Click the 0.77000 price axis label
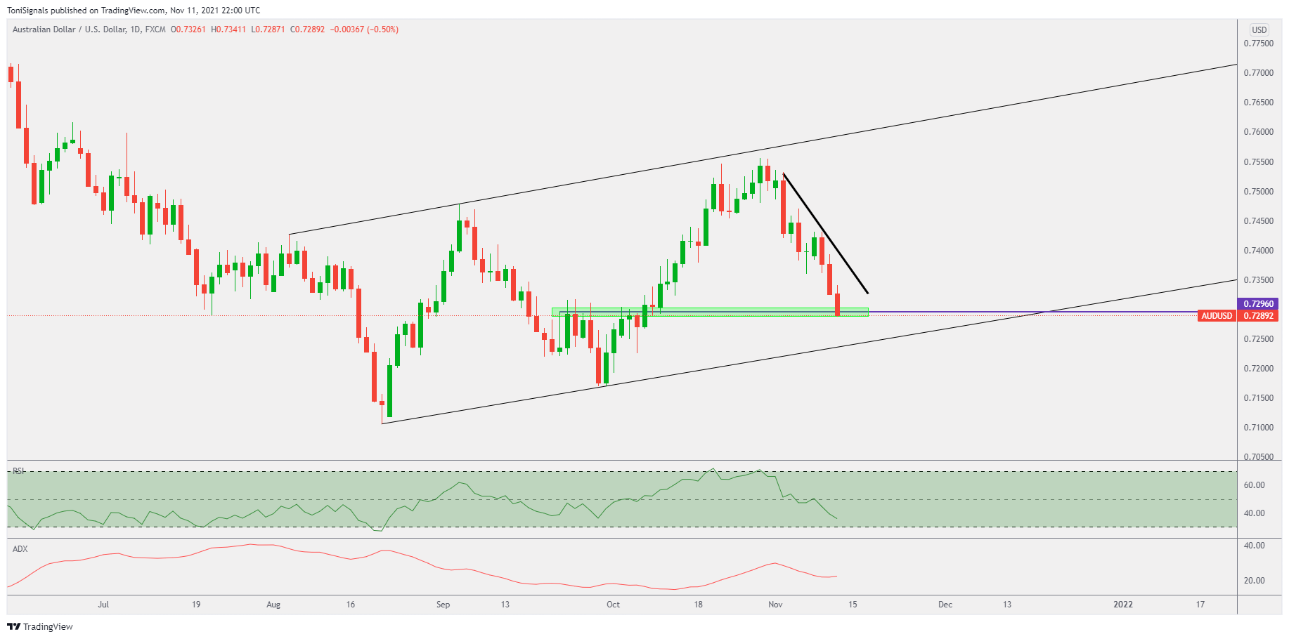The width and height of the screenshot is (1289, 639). (x=1258, y=73)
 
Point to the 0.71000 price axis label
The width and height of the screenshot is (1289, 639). (x=1258, y=428)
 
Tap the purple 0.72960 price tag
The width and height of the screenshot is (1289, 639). (x=1258, y=304)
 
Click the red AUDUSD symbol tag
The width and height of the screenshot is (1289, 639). (x=1217, y=316)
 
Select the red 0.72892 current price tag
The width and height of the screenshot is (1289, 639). (x=1258, y=316)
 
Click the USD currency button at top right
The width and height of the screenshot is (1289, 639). (x=1259, y=29)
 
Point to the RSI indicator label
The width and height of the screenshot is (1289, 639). (x=18, y=471)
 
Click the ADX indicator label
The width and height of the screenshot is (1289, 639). (x=20, y=549)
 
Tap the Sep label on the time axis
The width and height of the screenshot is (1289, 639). (x=443, y=605)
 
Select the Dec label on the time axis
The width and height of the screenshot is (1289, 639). (x=945, y=605)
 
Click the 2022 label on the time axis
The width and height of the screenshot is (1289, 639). (x=1122, y=605)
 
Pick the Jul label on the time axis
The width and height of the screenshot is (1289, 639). (x=103, y=605)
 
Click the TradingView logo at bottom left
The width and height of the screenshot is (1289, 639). (x=40, y=626)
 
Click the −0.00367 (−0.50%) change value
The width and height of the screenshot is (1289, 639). (x=364, y=29)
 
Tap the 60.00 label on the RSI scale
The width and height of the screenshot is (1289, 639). (x=1254, y=485)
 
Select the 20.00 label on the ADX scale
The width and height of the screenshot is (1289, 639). (x=1254, y=581)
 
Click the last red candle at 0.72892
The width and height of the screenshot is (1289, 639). (x=837, y=304)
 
